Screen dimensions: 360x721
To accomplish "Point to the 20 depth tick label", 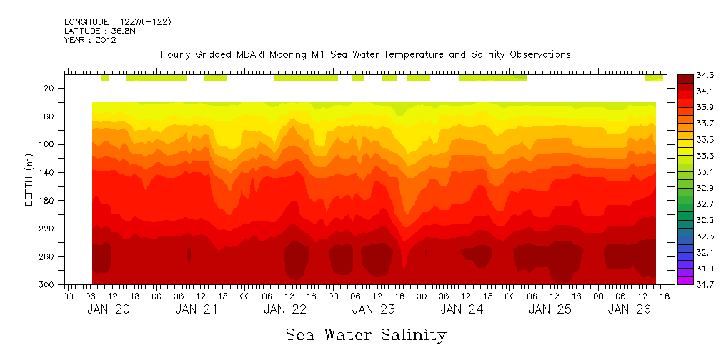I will pyautogui.click(x=49, y=89).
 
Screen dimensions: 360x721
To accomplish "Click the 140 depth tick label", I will pyautogui.click(x=47, y=173).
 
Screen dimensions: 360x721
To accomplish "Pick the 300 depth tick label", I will pyautogui.click(x=47, y=285).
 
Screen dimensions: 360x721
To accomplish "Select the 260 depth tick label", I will pyautogui.click(x=47, y=257).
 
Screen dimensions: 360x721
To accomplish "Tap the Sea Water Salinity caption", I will pyautogui.click(x=366, y=334).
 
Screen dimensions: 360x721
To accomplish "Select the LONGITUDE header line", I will pyautogui.click(x=117, y=22).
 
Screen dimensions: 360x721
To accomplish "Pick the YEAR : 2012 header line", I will pyautogui.click(x=90, y=40).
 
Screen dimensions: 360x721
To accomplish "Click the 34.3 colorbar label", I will pyautogui.click(x=705, y=75).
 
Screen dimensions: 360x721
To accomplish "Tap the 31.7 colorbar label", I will pyautogui.click(x=705, y=284).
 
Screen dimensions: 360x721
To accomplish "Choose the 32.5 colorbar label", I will pyautogui.click(x=705, y=220).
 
